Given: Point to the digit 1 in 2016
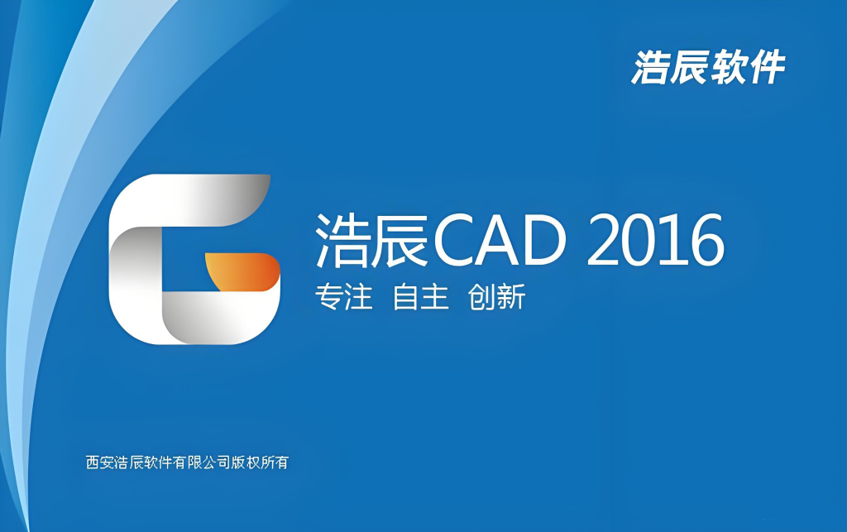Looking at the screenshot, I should tap(674, 240).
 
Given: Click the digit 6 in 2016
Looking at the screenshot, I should tap(706, 240).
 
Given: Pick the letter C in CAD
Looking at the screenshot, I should tap(456, 240).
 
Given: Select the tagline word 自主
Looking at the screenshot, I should tap(420, 297).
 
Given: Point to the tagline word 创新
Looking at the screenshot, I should tap(496, 297).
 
